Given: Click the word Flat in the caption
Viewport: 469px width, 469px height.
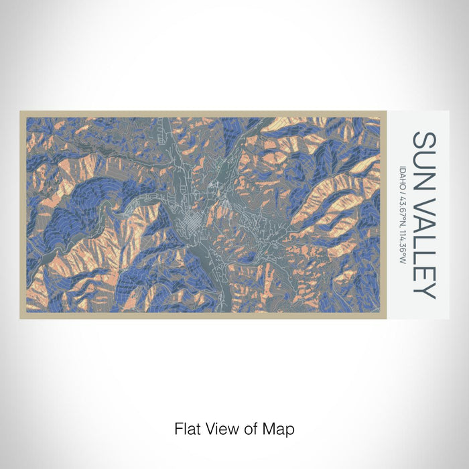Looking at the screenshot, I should tap(186, 428).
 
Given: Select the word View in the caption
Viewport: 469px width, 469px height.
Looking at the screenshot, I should tap(219, 428).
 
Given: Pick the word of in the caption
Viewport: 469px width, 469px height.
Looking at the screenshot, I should tap(247, 428).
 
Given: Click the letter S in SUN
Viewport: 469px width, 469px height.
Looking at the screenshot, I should tap(423, 139).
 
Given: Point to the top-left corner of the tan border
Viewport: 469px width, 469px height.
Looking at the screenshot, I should tap(21, 112).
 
